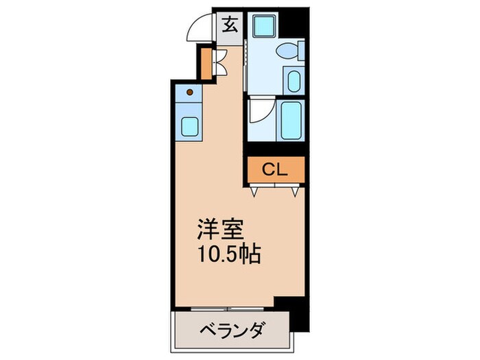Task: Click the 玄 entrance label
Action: [x=230, y=27]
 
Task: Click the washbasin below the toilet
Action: [x=293, y=81]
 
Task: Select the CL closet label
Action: [x=274, y=169]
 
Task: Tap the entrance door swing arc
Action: [x=200, y=29]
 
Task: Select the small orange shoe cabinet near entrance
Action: [x=206, y=63]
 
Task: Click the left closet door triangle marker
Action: [x=255, y=193]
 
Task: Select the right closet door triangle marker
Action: [x=293, y=193]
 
